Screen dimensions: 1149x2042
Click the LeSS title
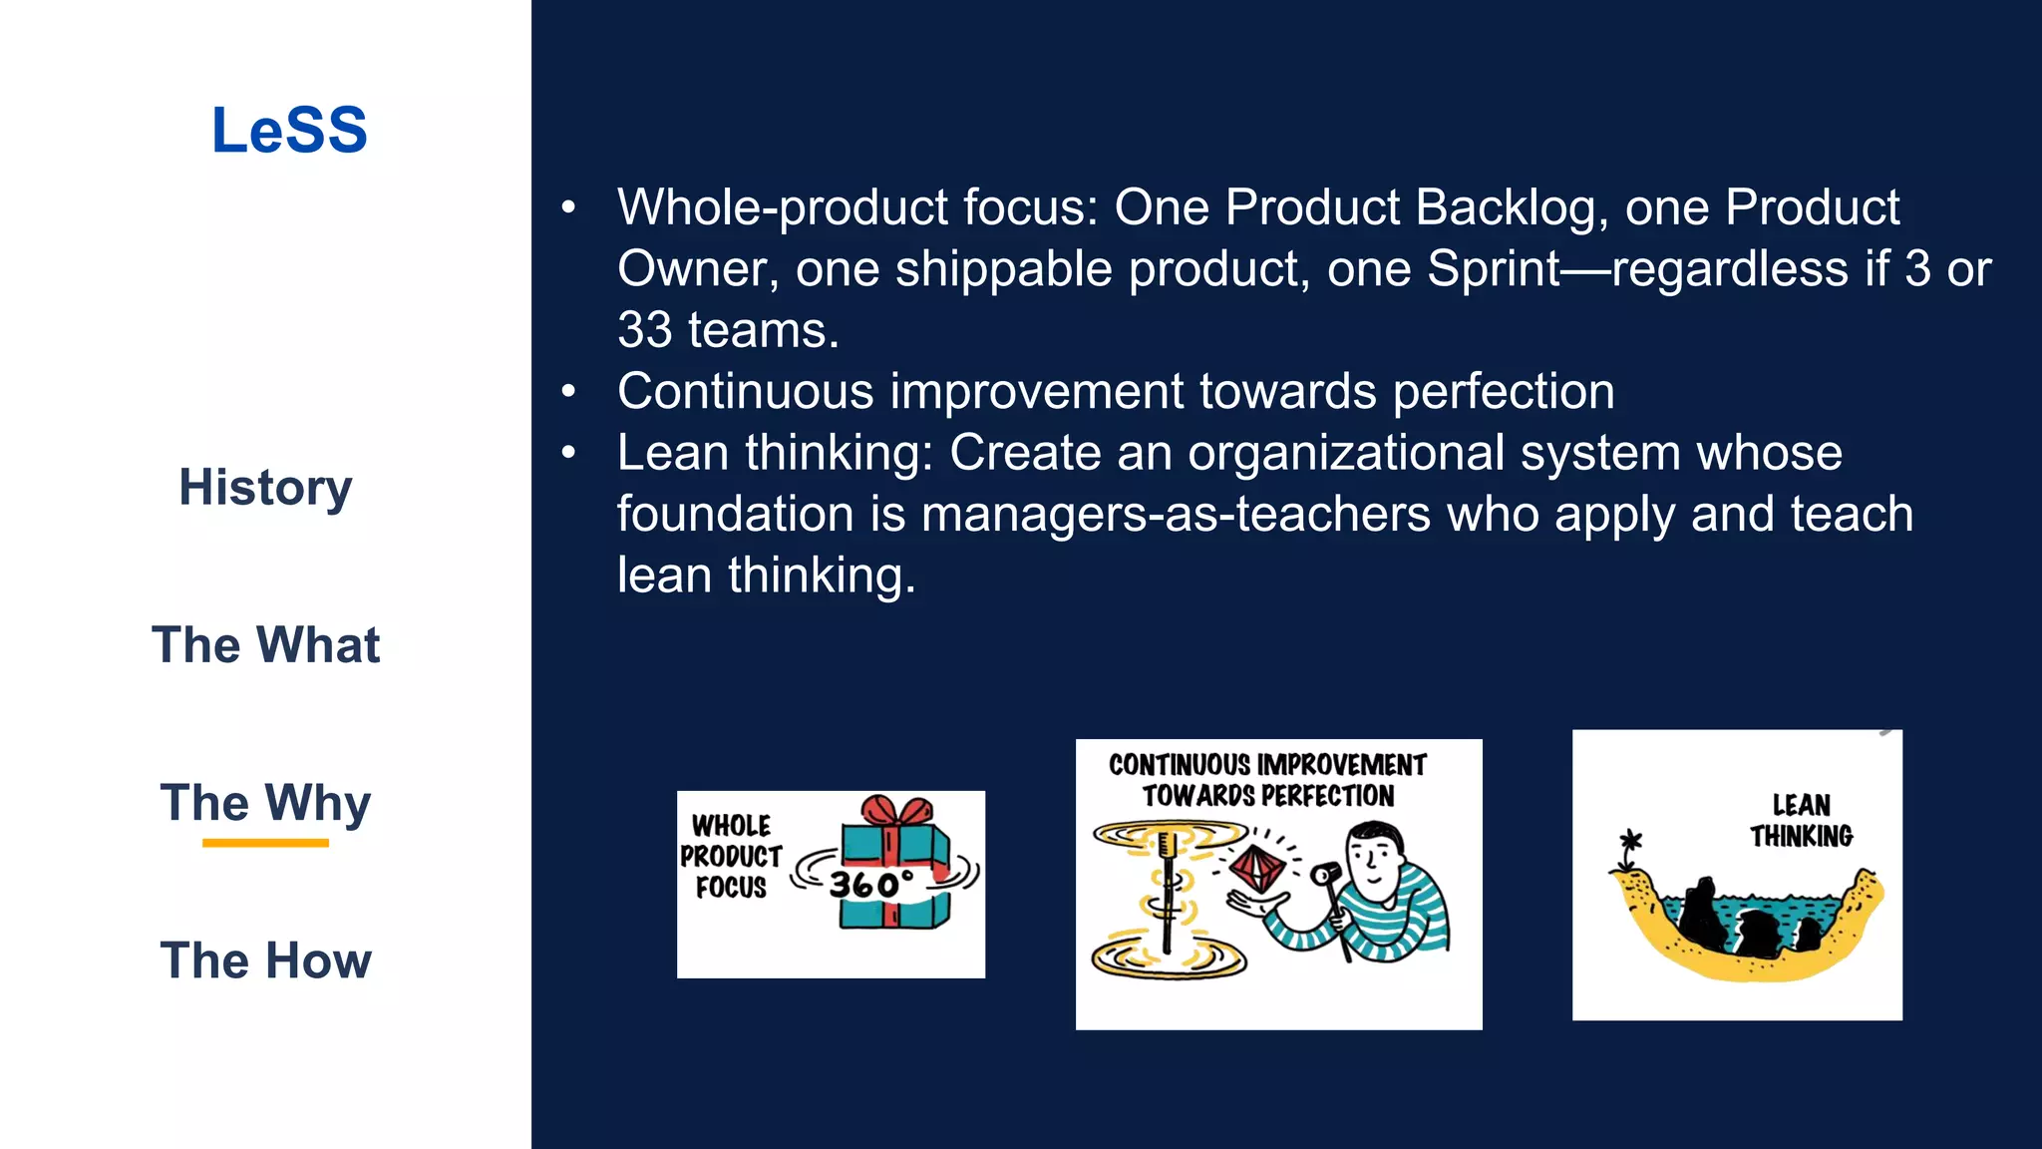[x=289, y=131]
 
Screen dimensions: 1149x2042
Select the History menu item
[x=265, y=488]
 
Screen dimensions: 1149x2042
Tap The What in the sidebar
[x=265, y=645]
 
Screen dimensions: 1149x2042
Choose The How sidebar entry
[x=265, y=960]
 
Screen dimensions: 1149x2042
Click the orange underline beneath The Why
[x=265, y=843]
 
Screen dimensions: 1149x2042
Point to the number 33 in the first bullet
[x=644, y=330]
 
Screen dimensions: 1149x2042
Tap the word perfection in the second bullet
[x=1504, y=392]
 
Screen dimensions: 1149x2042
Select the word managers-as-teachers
[x=1176, y=515]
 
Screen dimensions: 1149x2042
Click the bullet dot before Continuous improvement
[x=568, y=392]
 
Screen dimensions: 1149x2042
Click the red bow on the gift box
[x=896, y=810]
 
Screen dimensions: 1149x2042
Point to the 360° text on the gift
[x=870, y=884]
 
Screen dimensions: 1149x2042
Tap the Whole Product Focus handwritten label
[x=731, y=857]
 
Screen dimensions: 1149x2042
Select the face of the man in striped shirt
[x=1373, y=857]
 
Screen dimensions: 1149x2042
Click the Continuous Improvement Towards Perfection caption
[x=1267, y=780]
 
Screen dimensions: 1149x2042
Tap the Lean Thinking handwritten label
[x=1801, y=820]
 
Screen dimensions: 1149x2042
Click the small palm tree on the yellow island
[x=1630, y=849]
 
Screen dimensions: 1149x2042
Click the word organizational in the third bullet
[x=1345, y=454]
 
